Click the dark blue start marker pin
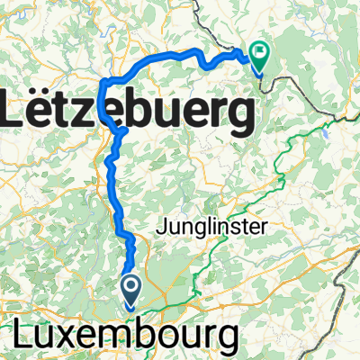[x=130, y=290]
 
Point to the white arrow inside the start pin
[x=130, y=289]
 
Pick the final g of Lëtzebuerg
[x=236, y=117]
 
